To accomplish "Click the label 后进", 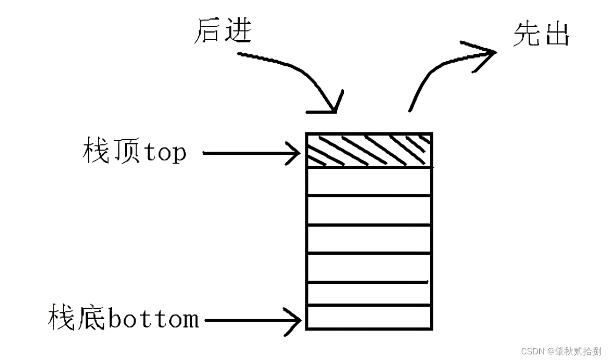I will pyautogui.click(x=223, y=32).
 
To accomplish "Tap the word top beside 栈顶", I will pyautogui.click(x=165, y=152).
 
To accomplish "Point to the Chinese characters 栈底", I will pyautogui.click(x=78, y=318).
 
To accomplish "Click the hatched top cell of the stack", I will pyautogui.click(x=369, y=150).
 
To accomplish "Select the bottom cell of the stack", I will pyautogui.click(x=369, y=317).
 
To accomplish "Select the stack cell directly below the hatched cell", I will pyautogui.click(x=369, y=181).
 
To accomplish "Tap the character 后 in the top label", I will pyautogui.click(x=209, y=32).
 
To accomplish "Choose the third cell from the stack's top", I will pyautogui.click(x=369, y=210).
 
